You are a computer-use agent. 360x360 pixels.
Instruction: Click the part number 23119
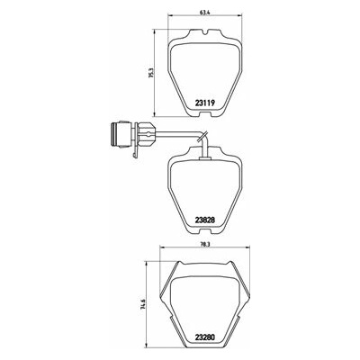click(205, 103)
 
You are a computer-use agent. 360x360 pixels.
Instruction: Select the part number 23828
click(205, 220)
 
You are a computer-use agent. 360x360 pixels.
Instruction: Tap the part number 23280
click(205, 337)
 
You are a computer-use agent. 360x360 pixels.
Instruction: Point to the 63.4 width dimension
click(204, 13)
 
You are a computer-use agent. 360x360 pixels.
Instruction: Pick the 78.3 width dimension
click(204, 245)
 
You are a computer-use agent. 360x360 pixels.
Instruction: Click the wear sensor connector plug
click(121, 134)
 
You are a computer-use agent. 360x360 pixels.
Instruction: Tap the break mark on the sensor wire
click(202, 137)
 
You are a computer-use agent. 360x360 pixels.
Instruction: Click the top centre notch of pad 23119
click(204, 31)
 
